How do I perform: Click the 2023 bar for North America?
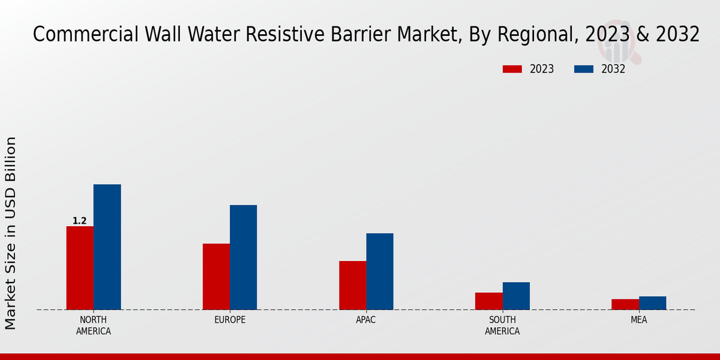coord(80,268)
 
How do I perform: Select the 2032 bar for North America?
coord(107,247)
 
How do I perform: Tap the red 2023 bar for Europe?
coord(216,277)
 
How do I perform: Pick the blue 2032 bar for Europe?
coord(243,257)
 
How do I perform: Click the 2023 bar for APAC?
coord(352,285)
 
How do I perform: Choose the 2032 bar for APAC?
coord(380,271)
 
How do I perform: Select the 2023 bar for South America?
coord(488,301)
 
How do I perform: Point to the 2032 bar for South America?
coord(516,296)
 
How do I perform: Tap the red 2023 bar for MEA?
coord(625,304)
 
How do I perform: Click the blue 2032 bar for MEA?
coord(652,303)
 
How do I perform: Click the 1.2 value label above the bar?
coord(80,221)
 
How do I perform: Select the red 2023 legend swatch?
coord(512,69)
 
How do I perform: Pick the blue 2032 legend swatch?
coord(583,69)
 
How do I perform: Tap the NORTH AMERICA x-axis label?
coord(94,325)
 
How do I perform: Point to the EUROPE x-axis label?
coord(230,320)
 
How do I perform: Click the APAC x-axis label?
coord(366,320)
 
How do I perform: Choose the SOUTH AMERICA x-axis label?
coord(502,325)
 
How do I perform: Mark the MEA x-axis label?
coord(638,320)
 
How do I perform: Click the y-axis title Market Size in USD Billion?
coord(11,233)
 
